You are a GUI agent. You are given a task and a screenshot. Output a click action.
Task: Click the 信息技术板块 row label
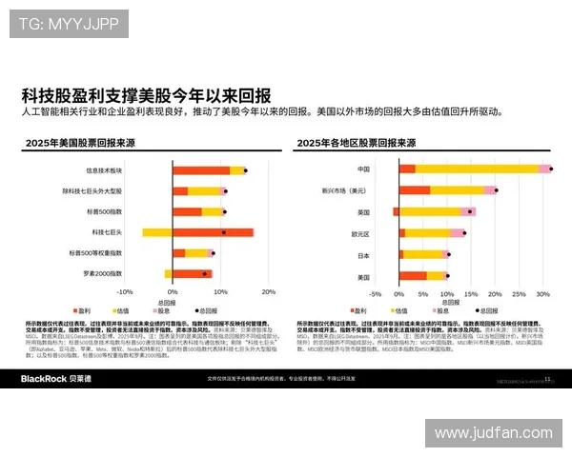point(132,170)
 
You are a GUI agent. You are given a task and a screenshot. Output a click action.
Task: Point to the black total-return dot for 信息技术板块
point(245,170)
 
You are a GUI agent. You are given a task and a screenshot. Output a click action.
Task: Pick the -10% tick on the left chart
point(123,291)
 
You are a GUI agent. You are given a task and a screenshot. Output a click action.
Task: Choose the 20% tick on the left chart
point(269,291)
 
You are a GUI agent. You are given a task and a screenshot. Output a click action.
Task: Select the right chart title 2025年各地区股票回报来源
point(356,143)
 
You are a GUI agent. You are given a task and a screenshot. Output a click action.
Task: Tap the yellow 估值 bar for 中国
point(477,169)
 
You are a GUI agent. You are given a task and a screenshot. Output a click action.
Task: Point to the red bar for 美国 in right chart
point(412,277)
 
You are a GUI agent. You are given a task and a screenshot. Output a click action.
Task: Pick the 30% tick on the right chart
point(544,293)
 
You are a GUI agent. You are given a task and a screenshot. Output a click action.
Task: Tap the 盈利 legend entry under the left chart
point(85,311)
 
